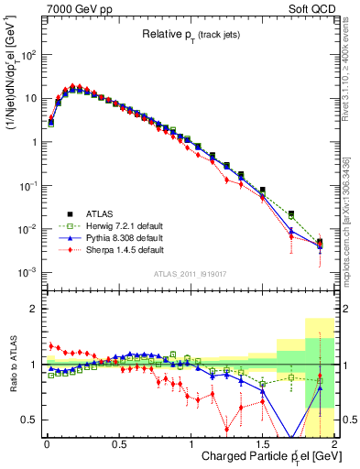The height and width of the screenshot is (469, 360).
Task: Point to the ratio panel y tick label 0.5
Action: tap(30, 420)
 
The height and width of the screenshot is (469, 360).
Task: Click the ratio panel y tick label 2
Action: tap(35, 309)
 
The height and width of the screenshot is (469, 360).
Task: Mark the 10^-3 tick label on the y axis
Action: tap(29, 272)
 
